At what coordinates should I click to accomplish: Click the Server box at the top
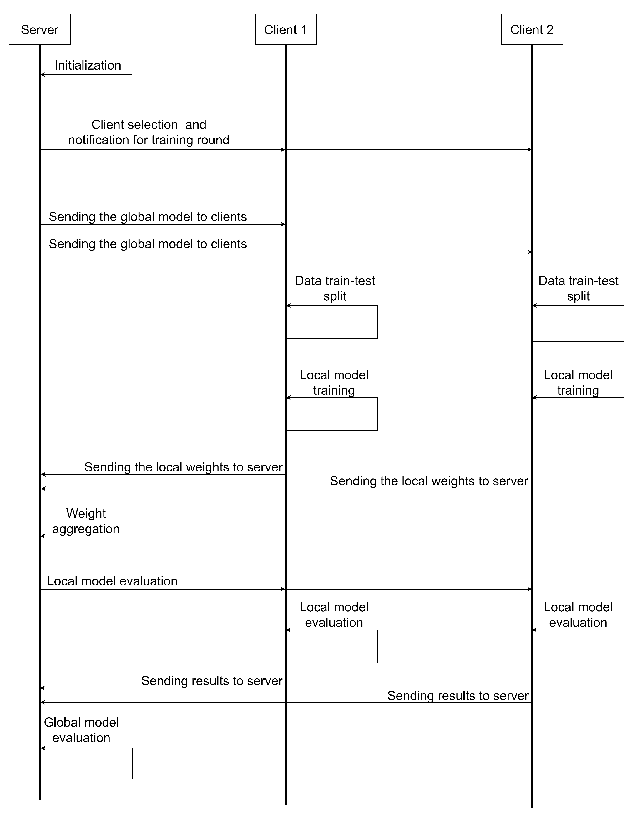click(40, 29)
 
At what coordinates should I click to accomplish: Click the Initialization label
click(88, 65)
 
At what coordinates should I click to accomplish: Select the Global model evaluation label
click(81, 730)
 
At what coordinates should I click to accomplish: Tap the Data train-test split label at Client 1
click(335, 289)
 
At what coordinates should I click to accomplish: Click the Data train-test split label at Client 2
click(579, 289)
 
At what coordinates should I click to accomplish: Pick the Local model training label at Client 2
click(578, 383)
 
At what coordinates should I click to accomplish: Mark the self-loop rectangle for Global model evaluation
click(87, 764)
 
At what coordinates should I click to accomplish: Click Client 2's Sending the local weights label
click(429, 481)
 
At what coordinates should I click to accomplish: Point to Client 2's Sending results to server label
click(458, 696)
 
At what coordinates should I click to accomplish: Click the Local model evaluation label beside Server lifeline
click(112, 581)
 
